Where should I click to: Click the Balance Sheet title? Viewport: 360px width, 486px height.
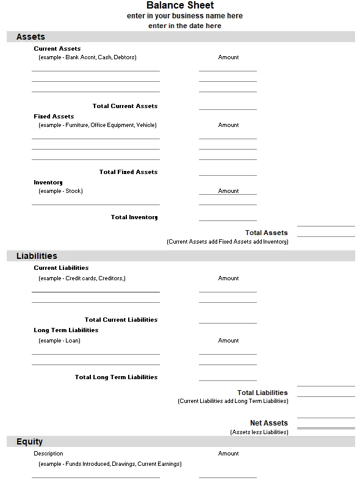180,5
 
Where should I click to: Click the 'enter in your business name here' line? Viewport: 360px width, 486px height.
184,16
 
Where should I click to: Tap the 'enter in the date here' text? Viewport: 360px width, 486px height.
184,26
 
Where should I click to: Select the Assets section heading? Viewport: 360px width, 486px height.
31,37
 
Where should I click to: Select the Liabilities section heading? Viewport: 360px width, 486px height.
37,256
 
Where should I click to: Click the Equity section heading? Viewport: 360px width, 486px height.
29,441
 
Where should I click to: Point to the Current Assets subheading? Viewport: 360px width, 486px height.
57,48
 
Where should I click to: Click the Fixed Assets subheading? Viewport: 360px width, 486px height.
54,116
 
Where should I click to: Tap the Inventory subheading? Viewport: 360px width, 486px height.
48,182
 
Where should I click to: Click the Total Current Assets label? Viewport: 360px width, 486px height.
124,106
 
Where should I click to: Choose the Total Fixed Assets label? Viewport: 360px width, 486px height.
128,172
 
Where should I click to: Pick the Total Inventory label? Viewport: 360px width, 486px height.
134,217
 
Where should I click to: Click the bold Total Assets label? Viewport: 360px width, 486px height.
266,233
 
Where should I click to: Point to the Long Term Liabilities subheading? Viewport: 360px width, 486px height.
66,330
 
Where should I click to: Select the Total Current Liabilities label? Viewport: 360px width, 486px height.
121,320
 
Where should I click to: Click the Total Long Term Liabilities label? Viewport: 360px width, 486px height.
116,377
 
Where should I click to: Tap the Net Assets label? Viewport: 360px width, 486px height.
268,423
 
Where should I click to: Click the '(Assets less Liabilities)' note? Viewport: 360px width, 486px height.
259,432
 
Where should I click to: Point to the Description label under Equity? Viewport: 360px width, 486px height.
48,454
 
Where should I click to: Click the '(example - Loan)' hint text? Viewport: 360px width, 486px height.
59,341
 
